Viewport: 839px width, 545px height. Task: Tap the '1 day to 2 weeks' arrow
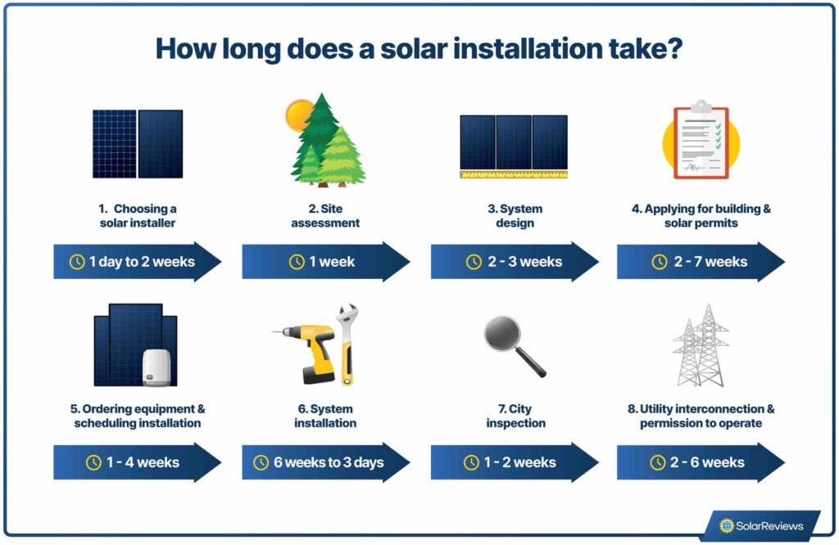tap(136, 262)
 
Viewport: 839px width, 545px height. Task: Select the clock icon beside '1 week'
tap(297, 262)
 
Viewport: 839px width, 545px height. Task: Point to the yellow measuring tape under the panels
tap(514, 174)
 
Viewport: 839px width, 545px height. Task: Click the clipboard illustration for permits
tap(701, 141)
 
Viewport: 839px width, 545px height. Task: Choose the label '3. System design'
tap(515, 215)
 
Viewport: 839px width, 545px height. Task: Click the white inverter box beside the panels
tap(156, 367)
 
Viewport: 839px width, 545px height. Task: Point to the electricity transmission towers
tap(701, 346)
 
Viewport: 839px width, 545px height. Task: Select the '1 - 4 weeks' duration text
tap(143, 462)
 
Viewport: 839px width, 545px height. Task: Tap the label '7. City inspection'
tap(515, 416)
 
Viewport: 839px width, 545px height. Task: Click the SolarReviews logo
tap(761, 525)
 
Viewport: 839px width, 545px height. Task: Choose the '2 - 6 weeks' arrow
tap(701, 462)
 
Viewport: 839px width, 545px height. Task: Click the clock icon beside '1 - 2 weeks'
tap(471, 462)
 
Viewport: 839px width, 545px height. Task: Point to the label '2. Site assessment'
tap(325, 215)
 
